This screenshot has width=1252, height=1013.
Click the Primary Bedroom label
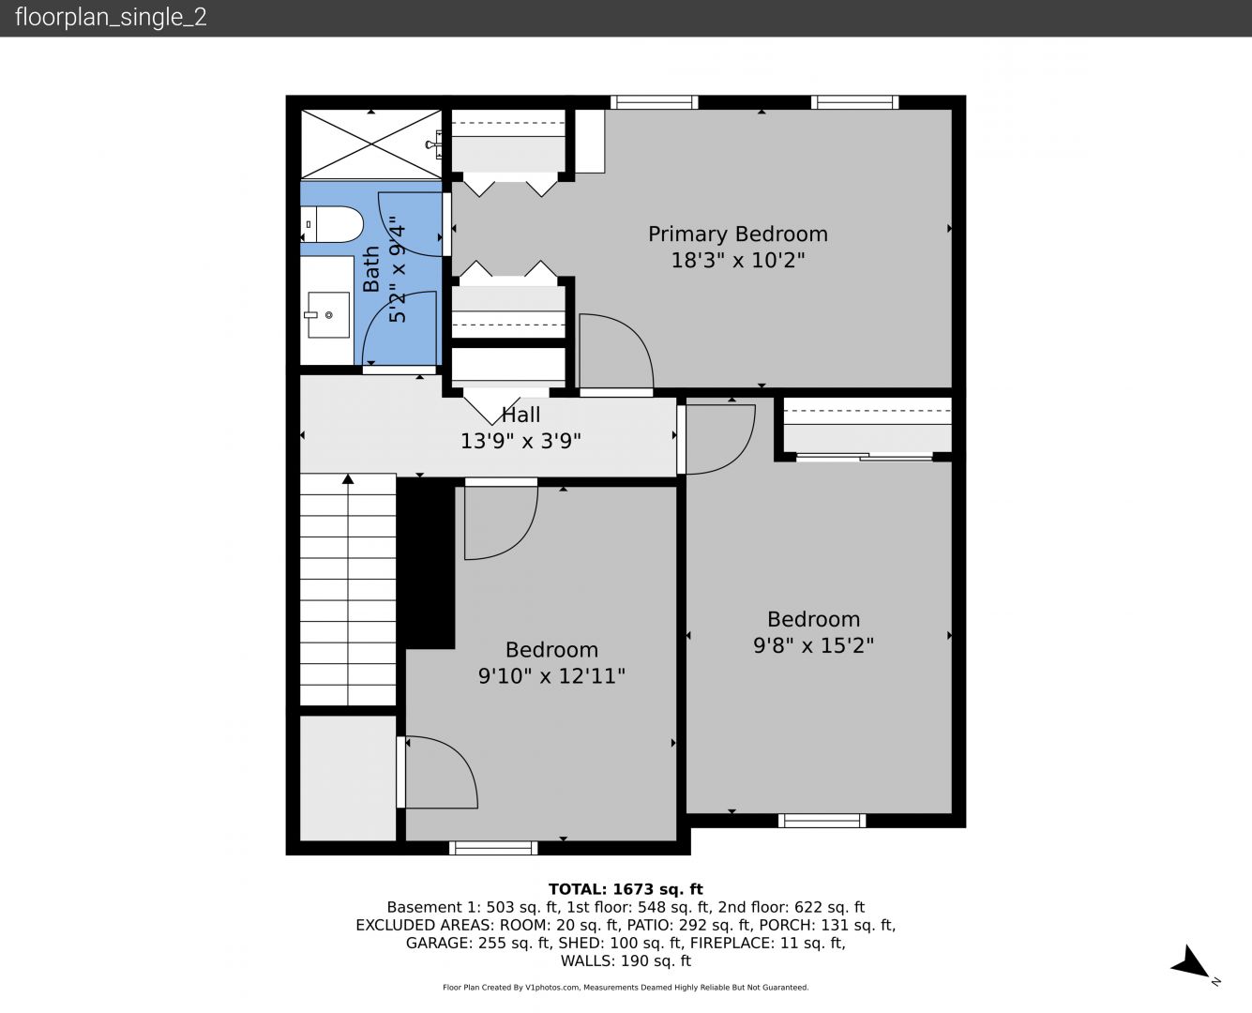point(738,234)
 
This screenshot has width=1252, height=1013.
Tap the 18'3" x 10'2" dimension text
point(738,260)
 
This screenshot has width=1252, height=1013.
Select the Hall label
point(520,416)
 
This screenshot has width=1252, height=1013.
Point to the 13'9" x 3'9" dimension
point(520,441)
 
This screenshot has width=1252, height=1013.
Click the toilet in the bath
point(332,224)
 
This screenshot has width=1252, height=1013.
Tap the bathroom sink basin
point(328,315)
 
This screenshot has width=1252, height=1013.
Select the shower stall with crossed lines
point(370,144)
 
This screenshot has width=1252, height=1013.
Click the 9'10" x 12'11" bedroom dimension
point(551,676)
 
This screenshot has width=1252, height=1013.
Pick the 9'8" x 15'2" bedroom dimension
point(813,645)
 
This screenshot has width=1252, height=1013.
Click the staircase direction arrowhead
point(348,479)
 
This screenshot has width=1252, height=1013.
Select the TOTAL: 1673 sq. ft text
point(626,889)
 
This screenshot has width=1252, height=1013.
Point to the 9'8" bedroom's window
point(822,820)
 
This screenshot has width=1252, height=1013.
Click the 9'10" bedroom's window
point(493,847)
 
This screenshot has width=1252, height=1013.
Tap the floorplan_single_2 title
point(111,17)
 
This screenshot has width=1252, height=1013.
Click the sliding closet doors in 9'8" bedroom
point(865,457)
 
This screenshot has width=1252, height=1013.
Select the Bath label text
point(371,268)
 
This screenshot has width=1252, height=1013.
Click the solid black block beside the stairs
point(426,563)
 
